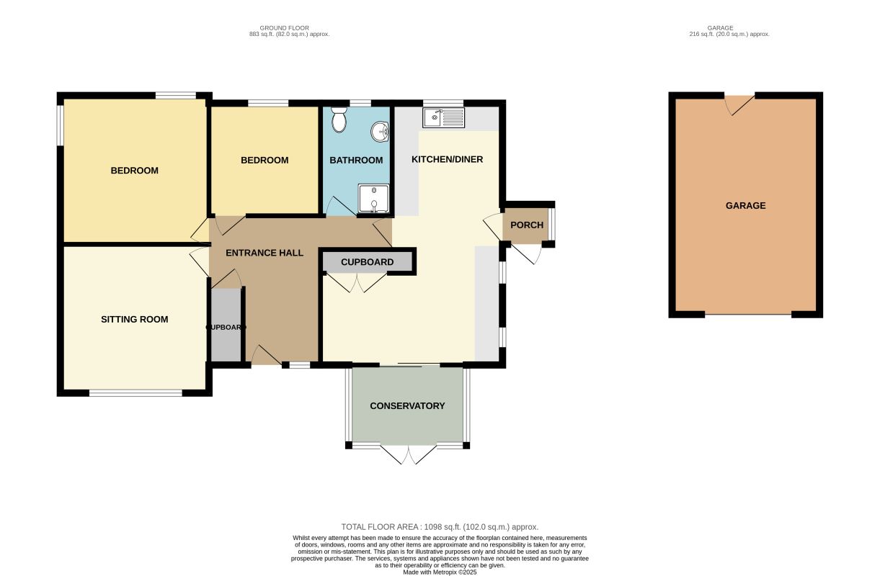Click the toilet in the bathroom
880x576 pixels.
pos(339,120)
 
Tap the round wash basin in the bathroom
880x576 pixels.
pos(380,131)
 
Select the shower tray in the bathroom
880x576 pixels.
pos(373,199)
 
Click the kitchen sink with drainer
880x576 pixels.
pos(443,117)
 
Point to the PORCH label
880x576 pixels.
pos(527,225)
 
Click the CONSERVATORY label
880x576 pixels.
pos(407,405)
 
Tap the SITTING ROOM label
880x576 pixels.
pos(134,320)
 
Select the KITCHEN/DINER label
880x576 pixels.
pos(447,159)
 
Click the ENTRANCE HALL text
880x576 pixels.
pos(265,253)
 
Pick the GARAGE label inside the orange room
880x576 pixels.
pos(746,206)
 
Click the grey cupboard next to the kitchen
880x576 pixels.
pos(368,261)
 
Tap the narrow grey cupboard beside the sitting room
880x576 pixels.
pos(226,325)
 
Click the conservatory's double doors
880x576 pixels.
pos(409,454)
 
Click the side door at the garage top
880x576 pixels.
pos(739,104)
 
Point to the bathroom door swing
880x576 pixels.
pos(341,206)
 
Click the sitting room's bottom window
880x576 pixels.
pos(135,393)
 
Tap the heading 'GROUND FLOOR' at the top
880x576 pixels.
pos(285,28)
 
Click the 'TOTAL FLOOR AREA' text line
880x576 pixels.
pos(440,527)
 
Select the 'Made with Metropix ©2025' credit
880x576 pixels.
pos(440,572)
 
